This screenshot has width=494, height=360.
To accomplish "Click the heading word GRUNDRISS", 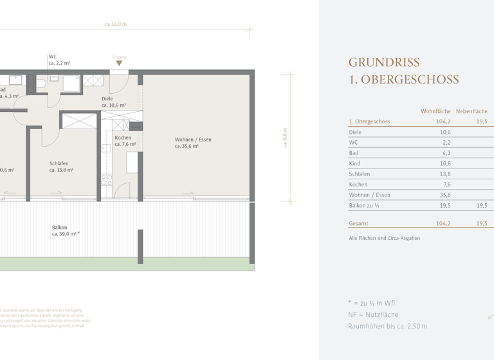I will pyautogui.click(x=384, y=62).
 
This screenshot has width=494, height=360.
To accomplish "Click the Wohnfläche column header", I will pyautogui.click(x=435, y=111).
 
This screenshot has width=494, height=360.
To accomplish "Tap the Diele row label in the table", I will pyautogui.click(x=355, y=132).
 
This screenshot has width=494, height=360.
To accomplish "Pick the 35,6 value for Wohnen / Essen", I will pyautogui.click(x=444, y=195).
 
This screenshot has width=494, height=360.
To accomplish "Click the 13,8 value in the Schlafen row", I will pyautogui.click(x=444, y=174).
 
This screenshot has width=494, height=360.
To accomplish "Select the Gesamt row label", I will pyautogui.click(x=359, y=224).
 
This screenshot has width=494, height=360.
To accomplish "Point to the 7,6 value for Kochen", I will pyautogui.click(x=446, y=184).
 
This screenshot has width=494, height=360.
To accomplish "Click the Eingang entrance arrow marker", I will pyautogui.click(x=119, y=63).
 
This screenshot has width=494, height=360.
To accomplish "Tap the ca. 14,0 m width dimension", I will pyautogui.click(x=116, y=24).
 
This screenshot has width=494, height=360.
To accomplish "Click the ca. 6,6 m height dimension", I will pyautogui.click(x=285, y=138).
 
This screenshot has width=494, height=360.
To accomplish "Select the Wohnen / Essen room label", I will pyautogui.click(x=193, y=143).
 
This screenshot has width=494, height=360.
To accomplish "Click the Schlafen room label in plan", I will pyautogui.click(x=61, y=167).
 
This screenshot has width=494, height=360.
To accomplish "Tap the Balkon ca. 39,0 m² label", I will pyautogui.click(x=66, y=231).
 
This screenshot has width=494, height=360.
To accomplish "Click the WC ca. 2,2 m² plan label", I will pyautogui.click(x=59, y=60).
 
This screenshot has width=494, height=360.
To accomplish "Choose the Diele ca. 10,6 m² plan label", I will pyautogui.click(x=113, y=102).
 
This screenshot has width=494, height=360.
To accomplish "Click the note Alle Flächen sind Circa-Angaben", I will pyautogui.click(x=384, y=239).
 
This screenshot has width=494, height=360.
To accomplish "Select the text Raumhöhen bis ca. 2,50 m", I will pyautogui.click(x=387, y=327).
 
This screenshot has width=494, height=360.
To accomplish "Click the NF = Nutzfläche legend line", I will pyautogui.click(x=372, y=315).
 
